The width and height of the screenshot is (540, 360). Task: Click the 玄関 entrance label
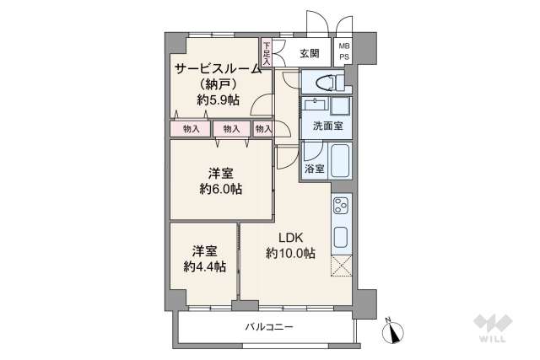(x=309, y=54)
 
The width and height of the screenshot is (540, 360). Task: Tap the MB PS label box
(x=343, y=51)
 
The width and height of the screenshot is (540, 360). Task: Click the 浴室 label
(x=313, y=169)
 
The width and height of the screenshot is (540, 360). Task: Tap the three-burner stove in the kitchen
(x=341, y=207)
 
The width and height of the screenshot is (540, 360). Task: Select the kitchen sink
(x=341, y=236)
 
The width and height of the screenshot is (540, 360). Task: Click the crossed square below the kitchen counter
(x=341, y=266)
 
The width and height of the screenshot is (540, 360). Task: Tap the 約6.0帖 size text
(x=221, y=189)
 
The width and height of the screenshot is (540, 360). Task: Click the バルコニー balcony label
(x=269, y=327)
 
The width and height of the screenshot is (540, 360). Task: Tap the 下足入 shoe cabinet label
(x=267, y=53)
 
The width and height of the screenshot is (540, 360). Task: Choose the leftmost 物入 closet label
(x=191, y=129)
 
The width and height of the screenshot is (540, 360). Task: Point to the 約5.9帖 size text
(x=219, y=99)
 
